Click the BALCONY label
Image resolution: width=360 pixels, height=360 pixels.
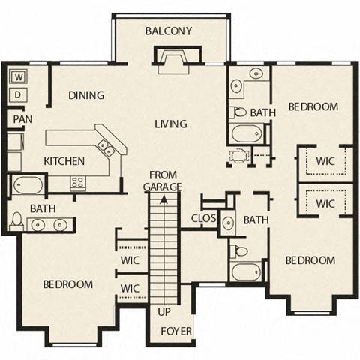[x=169, y=31]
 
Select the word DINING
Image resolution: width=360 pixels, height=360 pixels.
[x=86, y=95]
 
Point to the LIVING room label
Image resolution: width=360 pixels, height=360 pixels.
[x=171, y=124]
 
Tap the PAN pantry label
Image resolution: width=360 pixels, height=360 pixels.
[x=22, y=118]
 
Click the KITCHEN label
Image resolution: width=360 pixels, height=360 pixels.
[x=64, y=161]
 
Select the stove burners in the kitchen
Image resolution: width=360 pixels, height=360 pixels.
[x=77, y=182]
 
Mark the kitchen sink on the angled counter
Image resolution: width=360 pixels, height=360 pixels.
[x=105, y=145]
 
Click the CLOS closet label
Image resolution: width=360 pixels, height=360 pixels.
[x=204, y=219]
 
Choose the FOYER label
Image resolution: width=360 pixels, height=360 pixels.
[x=176, y=331]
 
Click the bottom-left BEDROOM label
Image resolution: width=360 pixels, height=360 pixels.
[x=67, y=284]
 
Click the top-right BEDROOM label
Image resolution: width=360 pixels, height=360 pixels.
[x=313, y=106]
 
